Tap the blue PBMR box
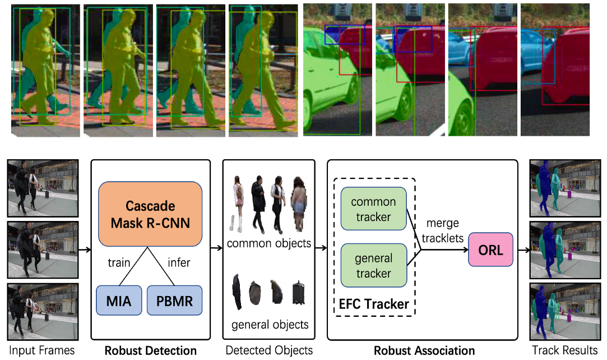pos(174,301)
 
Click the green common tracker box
pos(373,208)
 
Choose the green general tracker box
pos(373,266)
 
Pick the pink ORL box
pos(491,250)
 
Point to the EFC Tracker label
pos(373,304)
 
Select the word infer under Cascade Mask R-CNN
pos(179,263)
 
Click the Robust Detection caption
pos(150,351)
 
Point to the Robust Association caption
pos(424,351)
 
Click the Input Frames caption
pos(42,350)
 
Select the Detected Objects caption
pos(269,350)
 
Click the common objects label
pos(269,244)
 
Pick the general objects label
pos(270,325)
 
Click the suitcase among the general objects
pos(299,293)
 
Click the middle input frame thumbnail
pos(42,250)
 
